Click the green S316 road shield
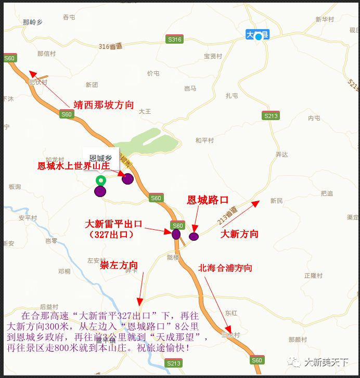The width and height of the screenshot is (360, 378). (x=175, y=40)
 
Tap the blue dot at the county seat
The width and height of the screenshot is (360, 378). (x=259, y=37)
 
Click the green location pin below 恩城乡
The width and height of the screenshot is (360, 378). (x=100, y=180)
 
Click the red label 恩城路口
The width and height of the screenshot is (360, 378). (x=208, y=200)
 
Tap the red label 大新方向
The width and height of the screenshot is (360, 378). (x=239, y=234)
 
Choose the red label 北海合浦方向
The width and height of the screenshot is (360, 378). (x=225, y=268)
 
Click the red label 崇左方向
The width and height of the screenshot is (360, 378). (x=119, y=265)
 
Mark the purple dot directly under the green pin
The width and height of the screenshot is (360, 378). (x=100, y=191)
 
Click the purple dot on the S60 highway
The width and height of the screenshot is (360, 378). (x=176, y=234)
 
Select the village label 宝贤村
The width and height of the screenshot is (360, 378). (x=213, y=56)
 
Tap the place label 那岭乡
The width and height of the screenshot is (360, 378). (x=32, y=22)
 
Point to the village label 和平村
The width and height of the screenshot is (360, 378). (x=204, y=140)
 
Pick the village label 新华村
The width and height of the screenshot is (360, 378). (x=324, y=19)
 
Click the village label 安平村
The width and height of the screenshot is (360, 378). (x=28, y=217)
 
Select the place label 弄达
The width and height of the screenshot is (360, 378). (x=281, y=154)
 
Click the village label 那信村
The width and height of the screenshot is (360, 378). (x=46, y=54)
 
